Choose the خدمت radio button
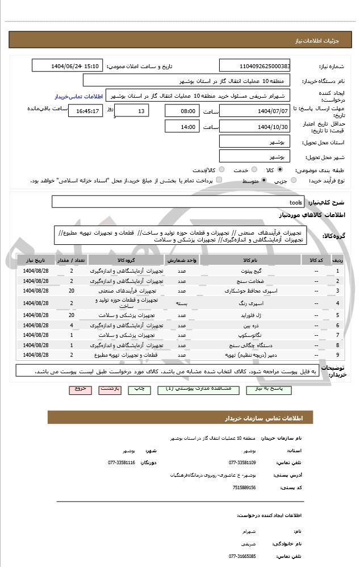pos(253,170)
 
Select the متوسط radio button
pos(264,181)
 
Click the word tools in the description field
pos(296,202)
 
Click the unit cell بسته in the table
pos(182,303)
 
